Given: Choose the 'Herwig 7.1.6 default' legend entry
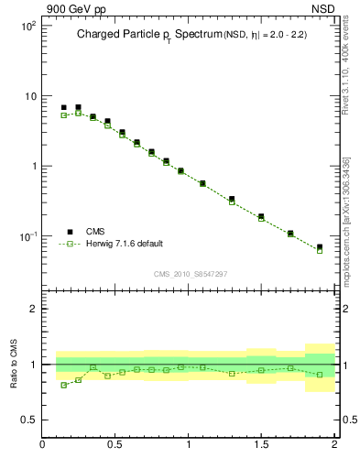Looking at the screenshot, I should point(124,244).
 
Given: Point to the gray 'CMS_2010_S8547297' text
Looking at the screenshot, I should point(190,274).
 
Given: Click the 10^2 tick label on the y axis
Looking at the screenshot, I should point(28,26).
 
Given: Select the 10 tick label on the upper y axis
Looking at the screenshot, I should point(30,96).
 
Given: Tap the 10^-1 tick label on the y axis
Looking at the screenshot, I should point(28,236).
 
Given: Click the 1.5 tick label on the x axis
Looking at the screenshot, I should point(262,445).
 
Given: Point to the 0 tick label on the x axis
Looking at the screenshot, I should point(43,445).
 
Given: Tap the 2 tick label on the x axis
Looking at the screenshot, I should point(334,445).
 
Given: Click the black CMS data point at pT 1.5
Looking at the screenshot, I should point(261,216).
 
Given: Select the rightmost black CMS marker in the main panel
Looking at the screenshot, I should point(320,247).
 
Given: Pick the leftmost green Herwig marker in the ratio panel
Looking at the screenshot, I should point(63,385).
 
